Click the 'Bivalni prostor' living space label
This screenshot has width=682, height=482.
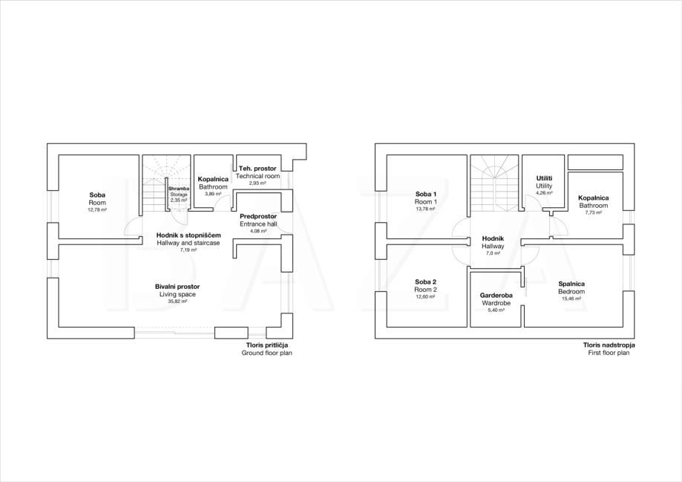pos(177,287)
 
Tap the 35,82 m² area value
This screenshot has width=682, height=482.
pos(178,302)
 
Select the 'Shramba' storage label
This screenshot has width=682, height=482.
pos(179,189)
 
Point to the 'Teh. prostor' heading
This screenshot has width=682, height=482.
pos(258,169)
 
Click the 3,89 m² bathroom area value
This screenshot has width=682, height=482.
pos(213,194)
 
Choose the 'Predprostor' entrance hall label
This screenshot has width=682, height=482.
pos(258,216)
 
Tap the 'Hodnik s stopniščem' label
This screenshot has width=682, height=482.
pos(188,235)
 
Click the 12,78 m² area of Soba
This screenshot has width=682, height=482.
pos(97,210)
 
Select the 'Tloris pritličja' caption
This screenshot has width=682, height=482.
pos(267,345)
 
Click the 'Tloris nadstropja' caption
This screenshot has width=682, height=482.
pos(609,345)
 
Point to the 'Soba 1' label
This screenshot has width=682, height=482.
pos(426,194)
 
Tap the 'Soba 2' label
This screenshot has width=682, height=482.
pos(426,281)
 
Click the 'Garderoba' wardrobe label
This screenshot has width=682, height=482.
pos(496,295)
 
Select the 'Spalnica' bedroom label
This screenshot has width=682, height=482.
pos(571,284)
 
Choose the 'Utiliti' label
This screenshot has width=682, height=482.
pos(544,178)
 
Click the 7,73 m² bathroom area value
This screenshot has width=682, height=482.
pos(593,213)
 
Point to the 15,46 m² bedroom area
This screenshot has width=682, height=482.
pos(571,299)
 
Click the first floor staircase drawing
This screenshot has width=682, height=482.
pos(494,183)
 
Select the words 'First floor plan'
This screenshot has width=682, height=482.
pos(609,353)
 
